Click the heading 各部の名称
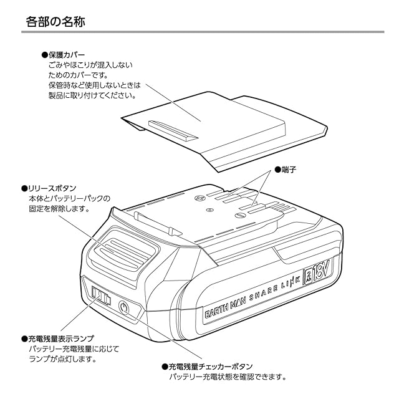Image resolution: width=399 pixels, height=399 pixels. pos(55,21)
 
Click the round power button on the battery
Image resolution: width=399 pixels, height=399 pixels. pos(124,308)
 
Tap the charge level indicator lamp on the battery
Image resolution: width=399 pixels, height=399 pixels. pos(101,296)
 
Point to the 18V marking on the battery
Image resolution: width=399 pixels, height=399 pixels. pos(322,271)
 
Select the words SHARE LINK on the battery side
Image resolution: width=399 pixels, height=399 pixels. pos(275,287)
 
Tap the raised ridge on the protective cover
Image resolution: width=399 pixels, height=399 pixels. pos(173,130)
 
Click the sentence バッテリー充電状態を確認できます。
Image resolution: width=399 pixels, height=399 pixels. pos(228,377)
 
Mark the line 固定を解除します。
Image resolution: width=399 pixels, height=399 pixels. pos(59,209)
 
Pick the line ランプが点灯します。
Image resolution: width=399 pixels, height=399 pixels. pos(63,359)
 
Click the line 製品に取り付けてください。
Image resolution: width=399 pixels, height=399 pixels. pos(92,95)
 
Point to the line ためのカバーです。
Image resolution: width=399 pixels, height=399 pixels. pos(79,75)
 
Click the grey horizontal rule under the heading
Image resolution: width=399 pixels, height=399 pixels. pos(203,32)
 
